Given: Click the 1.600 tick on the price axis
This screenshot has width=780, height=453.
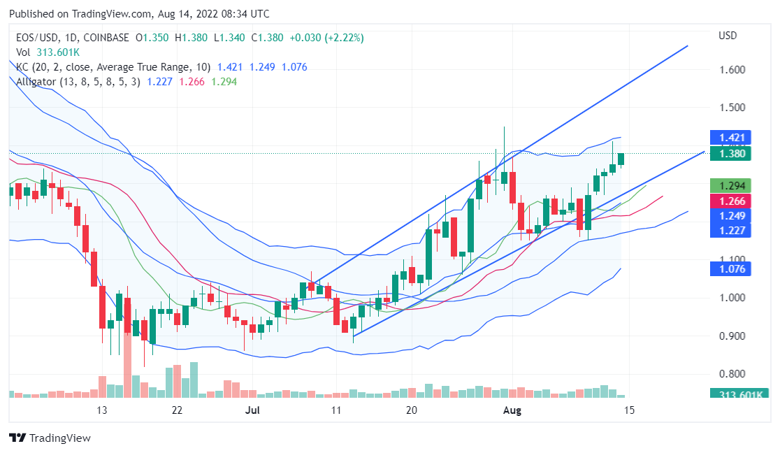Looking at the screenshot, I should click(x=731, y=70).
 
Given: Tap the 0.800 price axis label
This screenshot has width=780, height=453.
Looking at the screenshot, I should click(x=731, y=373).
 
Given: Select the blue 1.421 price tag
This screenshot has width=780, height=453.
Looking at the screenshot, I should click(x=730, y=137).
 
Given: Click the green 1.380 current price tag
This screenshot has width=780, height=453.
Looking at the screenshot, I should click(x=730, y=153).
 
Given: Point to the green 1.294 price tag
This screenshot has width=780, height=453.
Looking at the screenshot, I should click(x=730, y=185).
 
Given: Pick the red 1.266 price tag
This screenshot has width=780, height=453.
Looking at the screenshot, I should click(x=730, y=201).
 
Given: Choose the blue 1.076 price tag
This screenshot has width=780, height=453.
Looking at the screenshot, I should click(x=730, y=268).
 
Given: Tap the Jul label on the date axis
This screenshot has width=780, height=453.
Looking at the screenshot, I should click(x=253, y=410).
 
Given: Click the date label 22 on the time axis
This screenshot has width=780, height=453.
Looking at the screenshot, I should click(x=177, y=410).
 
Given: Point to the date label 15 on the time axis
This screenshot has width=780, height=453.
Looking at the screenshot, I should click(x=629, y=410).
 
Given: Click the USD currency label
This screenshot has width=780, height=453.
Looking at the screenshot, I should click(x=728, y=35).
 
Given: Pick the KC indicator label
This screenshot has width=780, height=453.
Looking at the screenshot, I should click(x=22, y=67).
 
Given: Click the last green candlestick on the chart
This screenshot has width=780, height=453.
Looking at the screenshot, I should click(x=621, y=159).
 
